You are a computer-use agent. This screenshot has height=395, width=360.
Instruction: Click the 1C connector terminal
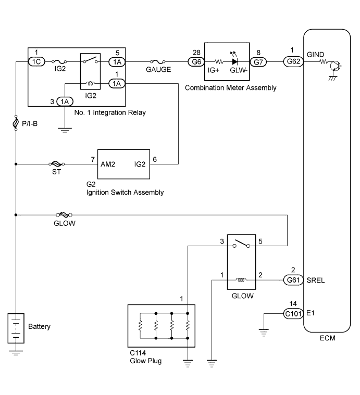[36, 62]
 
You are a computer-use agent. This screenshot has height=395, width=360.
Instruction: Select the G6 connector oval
[196, 62]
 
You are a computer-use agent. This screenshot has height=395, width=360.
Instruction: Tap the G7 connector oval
[258, 62]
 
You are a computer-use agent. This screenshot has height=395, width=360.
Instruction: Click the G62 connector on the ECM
[293, 61]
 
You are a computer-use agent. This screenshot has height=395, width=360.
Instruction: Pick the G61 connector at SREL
[293, 280]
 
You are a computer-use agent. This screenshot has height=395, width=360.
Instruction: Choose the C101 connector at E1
[293, 314]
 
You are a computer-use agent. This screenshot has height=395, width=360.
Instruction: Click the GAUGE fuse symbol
[158, 61]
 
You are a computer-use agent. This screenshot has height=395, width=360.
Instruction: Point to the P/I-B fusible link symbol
[16, 123]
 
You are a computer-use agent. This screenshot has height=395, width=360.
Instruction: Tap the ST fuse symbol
[56, 164]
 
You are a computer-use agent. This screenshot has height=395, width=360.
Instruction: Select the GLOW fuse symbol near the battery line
[64, 215]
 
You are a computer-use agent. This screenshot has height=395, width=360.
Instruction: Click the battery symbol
[16, 328]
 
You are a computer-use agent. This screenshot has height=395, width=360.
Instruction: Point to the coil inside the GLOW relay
[241, 279]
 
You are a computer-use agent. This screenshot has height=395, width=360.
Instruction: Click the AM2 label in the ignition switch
[108, 164]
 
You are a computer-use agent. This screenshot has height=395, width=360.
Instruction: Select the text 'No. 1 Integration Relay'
[110, 112]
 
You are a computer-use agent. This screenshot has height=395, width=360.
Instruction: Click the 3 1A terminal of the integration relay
[65, 101]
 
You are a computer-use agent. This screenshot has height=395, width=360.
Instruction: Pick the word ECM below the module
[328, 338]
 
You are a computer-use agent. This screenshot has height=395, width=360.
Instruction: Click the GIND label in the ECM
[315, 55]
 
